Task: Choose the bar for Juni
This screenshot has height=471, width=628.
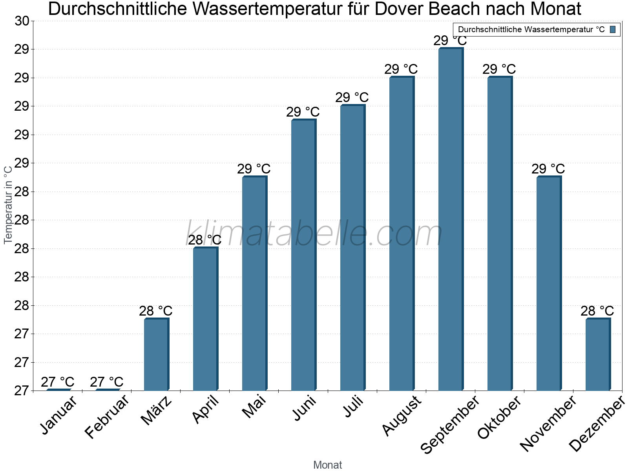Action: tap(303, 255)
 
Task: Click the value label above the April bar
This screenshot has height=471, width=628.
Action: tap(204, 240)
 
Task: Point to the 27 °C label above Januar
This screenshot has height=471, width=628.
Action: tap(58, 382)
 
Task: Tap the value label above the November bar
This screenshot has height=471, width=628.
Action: tap(548, 169)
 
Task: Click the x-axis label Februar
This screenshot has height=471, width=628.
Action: tap(107, 416)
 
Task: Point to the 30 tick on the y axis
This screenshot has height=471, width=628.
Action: tap(22, 21)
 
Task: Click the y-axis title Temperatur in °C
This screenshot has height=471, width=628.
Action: tap(8, 204)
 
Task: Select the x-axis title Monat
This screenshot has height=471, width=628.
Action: tap(327, 465)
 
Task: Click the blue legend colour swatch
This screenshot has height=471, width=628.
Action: tap(613, 29)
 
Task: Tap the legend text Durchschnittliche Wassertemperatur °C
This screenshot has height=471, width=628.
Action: tap(531, 29)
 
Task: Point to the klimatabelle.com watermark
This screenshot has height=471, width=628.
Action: tap(314, 234)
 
